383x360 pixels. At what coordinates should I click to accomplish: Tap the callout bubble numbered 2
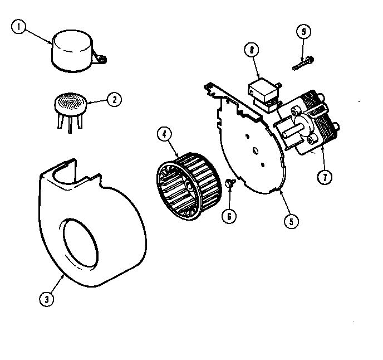point(113,100)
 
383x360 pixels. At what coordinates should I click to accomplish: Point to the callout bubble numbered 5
point(289,221)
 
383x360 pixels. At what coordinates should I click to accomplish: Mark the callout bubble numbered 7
point(325,177)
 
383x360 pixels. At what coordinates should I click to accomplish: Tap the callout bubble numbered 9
point(303,32)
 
